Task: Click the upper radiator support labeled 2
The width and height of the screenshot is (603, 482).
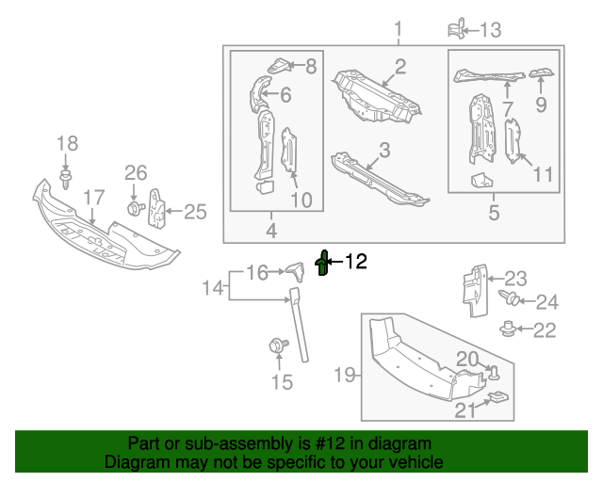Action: (377, 94)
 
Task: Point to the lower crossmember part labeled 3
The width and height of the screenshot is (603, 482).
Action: (377, 179)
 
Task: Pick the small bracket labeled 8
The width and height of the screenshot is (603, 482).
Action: (280, 66)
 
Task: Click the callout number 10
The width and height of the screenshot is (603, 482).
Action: (301, 199)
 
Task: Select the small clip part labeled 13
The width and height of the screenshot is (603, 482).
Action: (457, 28)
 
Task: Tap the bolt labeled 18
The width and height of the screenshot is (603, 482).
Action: (66, 178)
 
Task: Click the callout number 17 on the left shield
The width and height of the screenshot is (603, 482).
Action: (93, 198)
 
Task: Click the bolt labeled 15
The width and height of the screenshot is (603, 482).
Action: (278, 346)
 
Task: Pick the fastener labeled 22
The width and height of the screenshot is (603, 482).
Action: (510, 329)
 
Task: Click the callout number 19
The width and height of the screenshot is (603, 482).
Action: (345, 376)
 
